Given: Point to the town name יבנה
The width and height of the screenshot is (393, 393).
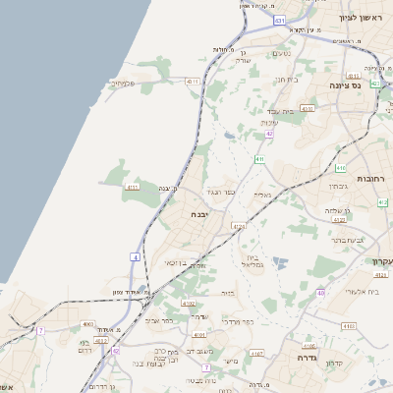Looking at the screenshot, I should pyautogui.click(x=201, y=213).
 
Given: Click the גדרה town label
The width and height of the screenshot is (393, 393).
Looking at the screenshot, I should pyautogui.click(x=296, y=359).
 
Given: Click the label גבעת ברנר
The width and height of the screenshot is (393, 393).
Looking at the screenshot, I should pyautogui.click(x=346, y=239).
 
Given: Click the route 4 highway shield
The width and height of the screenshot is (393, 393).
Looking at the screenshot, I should pyautogui.click(x=135, y=257).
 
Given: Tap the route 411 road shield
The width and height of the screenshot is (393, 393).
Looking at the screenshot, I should pyautogui.click(x=259, y=158).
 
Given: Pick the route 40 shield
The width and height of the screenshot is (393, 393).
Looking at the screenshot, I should pyautogui.click(x=320, y=293).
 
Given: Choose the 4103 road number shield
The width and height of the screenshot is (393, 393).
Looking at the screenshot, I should pyautogui.click(x=349, y=324).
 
